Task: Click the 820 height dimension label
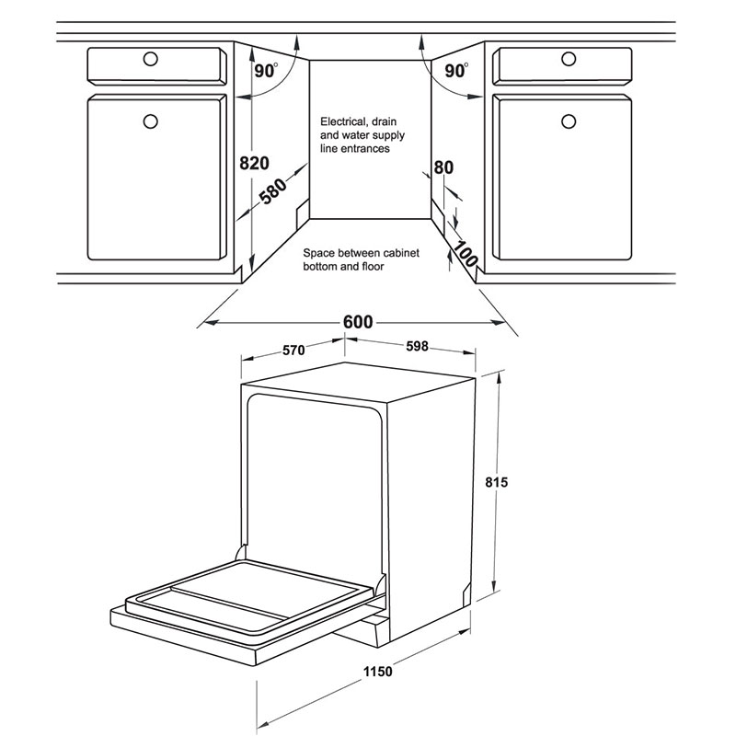pos(255,163)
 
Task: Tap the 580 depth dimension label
pos(273,191)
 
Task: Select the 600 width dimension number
pos(358,322)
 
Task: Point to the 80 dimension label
pos(443,167)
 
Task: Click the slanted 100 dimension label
pos(466,253)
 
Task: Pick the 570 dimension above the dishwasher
pos(293,351)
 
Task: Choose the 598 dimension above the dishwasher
pos(417,346)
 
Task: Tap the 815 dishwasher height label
pos(497,482)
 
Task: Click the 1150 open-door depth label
pos(378,672)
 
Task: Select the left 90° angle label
pos(266,71)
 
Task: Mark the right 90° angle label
pos(455,71)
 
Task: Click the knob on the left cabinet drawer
pos(150,59)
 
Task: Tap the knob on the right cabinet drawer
pos(569,59)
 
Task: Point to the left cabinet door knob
pos(150,121)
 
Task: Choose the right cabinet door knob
pos(569,121)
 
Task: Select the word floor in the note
pos(373,267)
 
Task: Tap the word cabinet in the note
pos(401,253)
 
